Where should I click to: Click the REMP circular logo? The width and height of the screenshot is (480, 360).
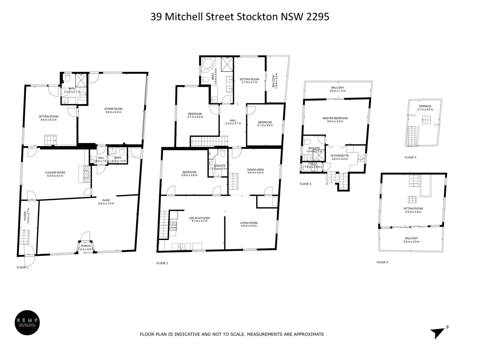pyautogui.click(x=27, y=323)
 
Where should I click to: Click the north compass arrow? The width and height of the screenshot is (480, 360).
pyautogui.click(x=438, y=332)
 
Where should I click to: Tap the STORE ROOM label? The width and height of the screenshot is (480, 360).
pyautogui.click(x=113, y=109)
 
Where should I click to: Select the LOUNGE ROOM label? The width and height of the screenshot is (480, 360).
pyautogui.click(x=55, y=173)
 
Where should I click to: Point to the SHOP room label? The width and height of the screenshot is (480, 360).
pyautogui.click(x=106, y=200)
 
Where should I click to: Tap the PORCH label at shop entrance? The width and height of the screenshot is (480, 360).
pyautogui.click(x=86, y=246)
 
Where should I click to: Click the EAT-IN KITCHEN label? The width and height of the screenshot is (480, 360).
pyautogui.click(x=200, y=218)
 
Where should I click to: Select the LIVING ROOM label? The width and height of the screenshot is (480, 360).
pyautogui.click(x=248, y=223)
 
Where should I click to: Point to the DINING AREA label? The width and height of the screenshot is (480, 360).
pyautogui.click(x=255, y=170)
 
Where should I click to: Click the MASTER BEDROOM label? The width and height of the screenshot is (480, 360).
pyautogui.click(x=335, y=118)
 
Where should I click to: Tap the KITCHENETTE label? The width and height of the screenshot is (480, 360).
pyautogui.click(x=339, y=156)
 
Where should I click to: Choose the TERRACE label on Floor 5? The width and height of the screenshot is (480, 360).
pyautogui.click(x=425, y=106)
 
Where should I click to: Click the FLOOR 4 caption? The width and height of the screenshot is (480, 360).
pyautogui.click(x=382, y=262)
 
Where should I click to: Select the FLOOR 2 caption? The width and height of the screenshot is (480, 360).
pyautogui.click(x=162, y=263)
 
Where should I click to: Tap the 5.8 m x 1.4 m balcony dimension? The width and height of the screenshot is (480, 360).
pyautogui.click(x=337, y=91)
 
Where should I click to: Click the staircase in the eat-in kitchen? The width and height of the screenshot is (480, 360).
pyautogui.click(x=164, y=225)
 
